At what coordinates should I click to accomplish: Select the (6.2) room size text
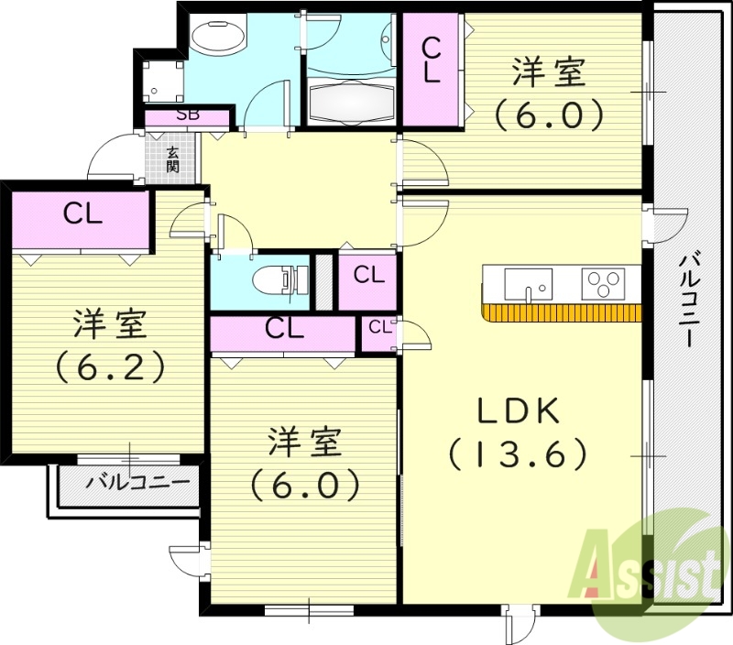pyautogui.click(x=110, y=366)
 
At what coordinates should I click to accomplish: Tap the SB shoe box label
pyautogui.click(x=188, y=115)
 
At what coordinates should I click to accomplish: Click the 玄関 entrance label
pyautogui.click(x=172, y=159)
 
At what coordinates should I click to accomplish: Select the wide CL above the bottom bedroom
pyautogui.click(x=283, y=329)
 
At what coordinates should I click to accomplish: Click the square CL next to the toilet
pyautogui.click(x=367, y=274)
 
